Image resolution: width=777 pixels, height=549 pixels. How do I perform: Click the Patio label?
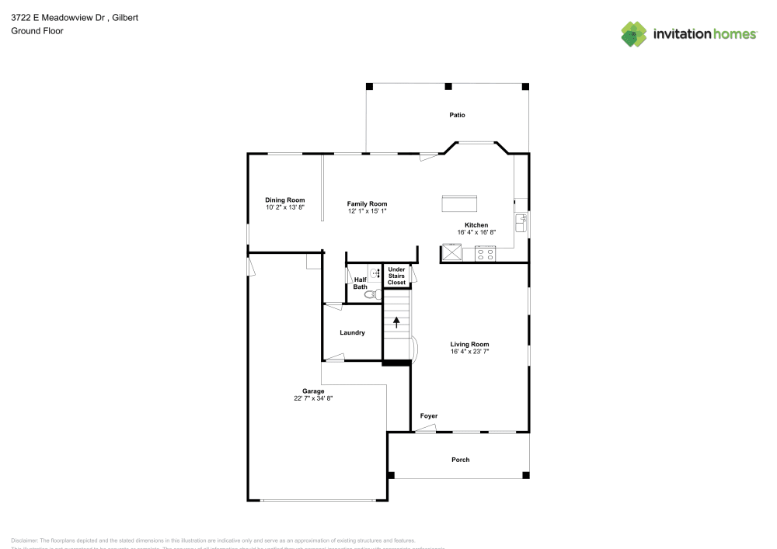pos(457,115)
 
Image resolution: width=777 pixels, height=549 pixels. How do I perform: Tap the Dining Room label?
pos(285,200)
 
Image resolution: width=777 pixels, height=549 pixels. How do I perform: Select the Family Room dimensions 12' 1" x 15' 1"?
pos(367,210)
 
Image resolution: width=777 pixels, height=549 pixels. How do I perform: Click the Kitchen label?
pos(476,225)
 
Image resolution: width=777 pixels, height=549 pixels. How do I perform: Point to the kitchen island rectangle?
pos(459,203)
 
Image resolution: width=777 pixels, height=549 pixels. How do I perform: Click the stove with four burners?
pos(486,252)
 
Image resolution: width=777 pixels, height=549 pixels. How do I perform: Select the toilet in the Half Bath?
pos(371,294)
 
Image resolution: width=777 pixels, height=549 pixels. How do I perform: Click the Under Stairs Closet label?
pos(396,276)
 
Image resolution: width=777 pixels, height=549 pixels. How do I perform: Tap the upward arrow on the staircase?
pos(397,321)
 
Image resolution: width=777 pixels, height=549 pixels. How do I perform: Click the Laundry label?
pos(352,333)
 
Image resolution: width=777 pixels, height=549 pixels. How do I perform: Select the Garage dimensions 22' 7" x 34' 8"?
pos(313,398)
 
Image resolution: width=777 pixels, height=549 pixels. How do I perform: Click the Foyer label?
pos(429,416)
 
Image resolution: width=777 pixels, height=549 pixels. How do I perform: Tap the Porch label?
pos(461,460)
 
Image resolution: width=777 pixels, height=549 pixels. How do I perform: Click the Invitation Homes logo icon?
pos(633,33)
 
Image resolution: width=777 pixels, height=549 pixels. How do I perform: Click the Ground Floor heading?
pos(37,31)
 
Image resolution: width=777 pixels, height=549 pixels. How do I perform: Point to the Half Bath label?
pos(361,283)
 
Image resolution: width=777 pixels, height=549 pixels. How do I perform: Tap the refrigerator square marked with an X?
pos(451,252)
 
